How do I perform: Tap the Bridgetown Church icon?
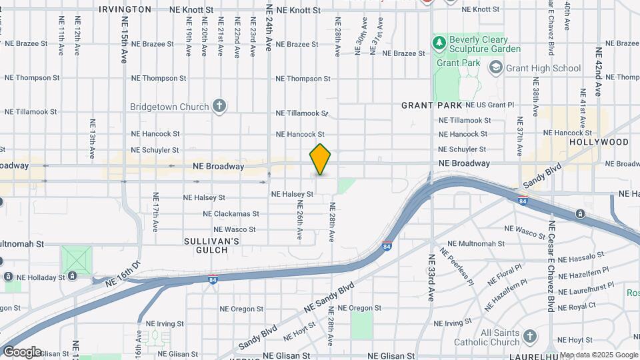(219, 106)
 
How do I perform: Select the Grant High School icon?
(495, 67)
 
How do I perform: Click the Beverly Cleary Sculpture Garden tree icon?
(439, 44)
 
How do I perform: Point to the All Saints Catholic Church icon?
(529, 335)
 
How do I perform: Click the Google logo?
(22, 351)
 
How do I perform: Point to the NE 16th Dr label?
(123, 275)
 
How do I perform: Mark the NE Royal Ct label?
(576, 306)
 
